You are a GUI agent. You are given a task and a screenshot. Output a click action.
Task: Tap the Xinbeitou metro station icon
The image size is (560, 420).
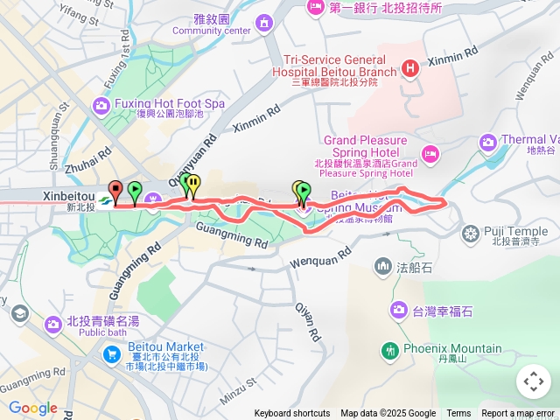pos(105,200)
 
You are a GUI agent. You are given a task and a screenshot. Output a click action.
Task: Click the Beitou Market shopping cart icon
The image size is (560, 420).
pos(111,354)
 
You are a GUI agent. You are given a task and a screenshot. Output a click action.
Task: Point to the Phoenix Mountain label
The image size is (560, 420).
pos(452,348)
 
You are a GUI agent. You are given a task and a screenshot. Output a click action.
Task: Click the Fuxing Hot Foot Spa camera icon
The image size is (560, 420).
pos(101,105)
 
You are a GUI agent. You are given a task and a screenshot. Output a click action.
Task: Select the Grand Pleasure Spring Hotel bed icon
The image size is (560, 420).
pos(430,154)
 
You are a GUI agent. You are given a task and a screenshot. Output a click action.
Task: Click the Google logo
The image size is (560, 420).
pos(32,408)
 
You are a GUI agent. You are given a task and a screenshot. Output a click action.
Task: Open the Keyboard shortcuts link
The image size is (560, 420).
pos(292,414)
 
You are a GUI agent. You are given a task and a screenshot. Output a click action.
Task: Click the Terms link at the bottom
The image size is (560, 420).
pos(458,414)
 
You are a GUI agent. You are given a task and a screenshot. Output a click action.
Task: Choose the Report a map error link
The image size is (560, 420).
pos(519,414)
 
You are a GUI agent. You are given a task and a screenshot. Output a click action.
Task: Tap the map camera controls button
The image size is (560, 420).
pos(533,381)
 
